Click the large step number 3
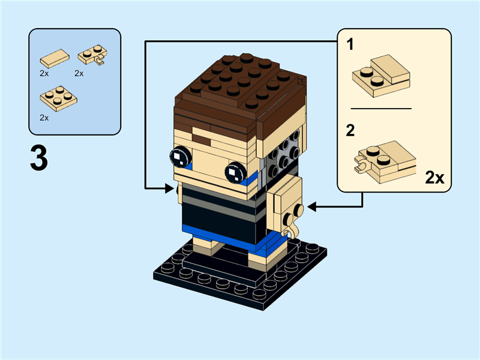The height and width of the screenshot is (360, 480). coord(39,158)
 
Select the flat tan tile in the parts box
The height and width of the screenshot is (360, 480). coord(54,58)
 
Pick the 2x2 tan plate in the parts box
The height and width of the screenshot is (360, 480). coord(58,98)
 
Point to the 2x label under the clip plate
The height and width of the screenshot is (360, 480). coord(79,73)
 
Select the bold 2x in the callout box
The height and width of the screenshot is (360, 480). coord(434,177)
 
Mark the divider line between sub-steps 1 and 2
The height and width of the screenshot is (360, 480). coord(381,109)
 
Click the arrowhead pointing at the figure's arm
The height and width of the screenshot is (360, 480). coord(313,207)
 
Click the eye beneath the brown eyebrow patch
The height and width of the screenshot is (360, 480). coord(179,157)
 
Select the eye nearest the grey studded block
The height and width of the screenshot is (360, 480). coord(234,173)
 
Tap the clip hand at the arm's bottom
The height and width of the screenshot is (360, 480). coord(292,230)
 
